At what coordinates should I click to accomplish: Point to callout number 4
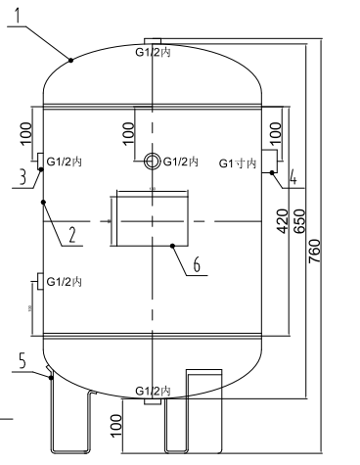point(291,177)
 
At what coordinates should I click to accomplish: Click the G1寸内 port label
point(237,162)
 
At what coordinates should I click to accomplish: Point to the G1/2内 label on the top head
point(153,51)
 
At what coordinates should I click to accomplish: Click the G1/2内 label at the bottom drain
point(153,390)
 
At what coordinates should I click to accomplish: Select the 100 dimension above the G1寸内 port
point(275,130)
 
